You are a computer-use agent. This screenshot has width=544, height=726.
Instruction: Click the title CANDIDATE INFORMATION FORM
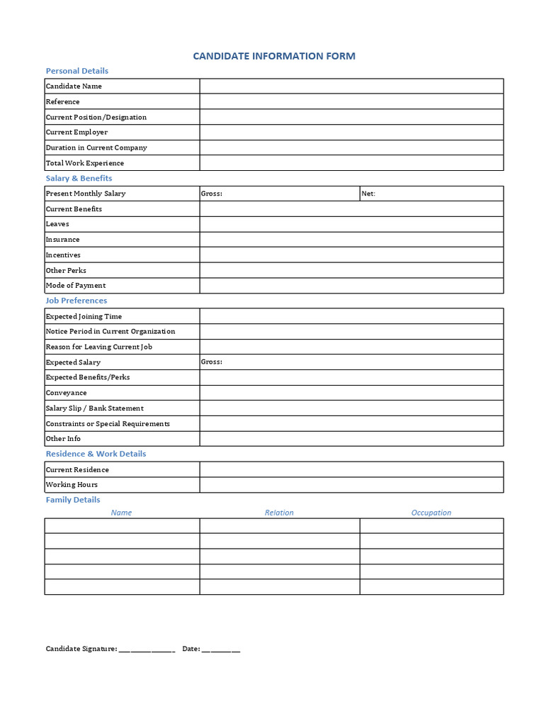click(274, 56)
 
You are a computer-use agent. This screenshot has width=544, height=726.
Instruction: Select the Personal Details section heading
click(76, 71)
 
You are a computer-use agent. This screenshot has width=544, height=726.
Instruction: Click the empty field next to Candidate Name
click(351, 86)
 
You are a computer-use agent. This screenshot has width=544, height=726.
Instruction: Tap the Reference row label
click(63, 101)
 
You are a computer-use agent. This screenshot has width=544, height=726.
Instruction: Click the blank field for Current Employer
click(351, 132)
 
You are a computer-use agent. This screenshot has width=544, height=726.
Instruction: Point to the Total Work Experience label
click(85, 163)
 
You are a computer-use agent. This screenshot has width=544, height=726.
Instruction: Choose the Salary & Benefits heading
click(79, 179)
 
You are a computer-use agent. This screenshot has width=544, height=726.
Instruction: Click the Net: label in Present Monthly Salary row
click(368, 194)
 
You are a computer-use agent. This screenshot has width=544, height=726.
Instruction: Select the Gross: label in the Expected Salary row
click(211, 362)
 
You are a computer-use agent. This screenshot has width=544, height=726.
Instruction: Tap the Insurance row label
click(63, 240)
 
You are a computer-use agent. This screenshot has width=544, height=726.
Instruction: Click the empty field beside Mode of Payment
click(351, 285)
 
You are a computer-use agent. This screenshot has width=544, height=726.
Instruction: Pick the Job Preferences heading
click(76, 301)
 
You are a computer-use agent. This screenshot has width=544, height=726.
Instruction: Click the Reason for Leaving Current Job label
click(99, 347)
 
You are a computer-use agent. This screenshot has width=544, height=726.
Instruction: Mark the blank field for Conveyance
click(351, 393)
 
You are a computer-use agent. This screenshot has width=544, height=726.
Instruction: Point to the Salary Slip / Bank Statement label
click(95, 408)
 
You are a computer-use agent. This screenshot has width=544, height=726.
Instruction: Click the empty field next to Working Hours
click(351, 485)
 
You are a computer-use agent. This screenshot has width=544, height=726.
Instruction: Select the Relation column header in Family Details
click(279, 513)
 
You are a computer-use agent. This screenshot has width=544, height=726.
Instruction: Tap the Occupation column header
click(431, 513)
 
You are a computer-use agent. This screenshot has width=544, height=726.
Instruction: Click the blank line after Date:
click(221, 649)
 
